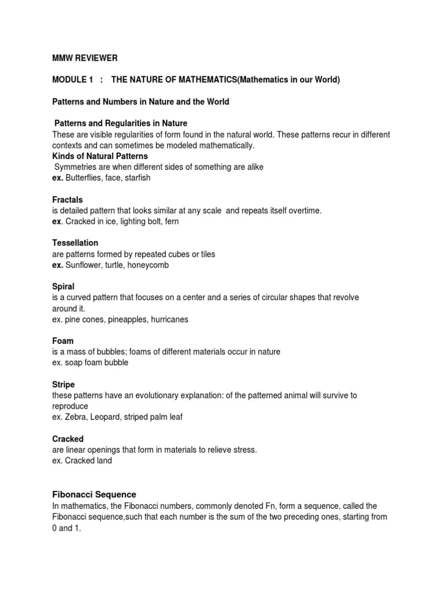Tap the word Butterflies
coord(86,177)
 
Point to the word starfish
coord(136,177)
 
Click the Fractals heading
coord(67,199)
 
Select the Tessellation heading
coord(75,243)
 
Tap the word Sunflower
coord(86,265)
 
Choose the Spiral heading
coord(63,286)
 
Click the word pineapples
coord(120,319)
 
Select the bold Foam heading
coord(63,341)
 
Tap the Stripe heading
coord(64,384)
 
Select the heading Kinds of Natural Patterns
coord(100,156)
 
